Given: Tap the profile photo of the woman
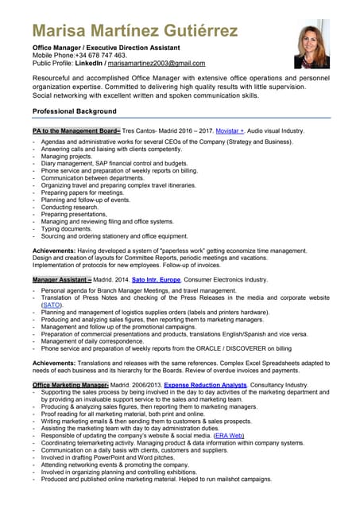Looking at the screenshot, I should pyautogui.click(x=312, y=45).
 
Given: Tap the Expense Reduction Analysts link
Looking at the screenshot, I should pyautogui.click(x=205, y=385).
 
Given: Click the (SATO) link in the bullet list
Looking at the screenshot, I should pyautogui.click(x=52, y=305).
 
